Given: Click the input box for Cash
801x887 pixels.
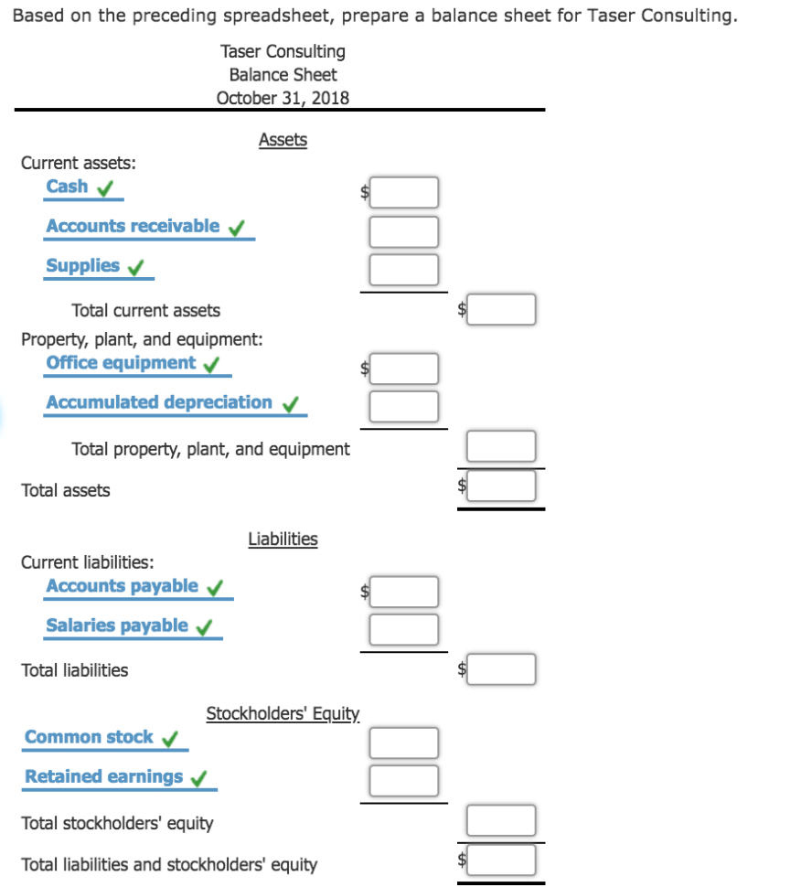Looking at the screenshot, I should [x=404, y=192].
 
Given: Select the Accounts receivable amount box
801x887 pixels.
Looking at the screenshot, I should [x=404, y=231].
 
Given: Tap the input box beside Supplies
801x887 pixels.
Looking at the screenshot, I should [x=404, y=270].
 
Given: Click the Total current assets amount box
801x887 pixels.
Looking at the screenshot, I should [x=501, y=310].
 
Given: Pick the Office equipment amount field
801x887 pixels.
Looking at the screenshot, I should [x=404, y=369].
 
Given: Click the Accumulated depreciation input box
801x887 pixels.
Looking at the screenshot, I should [x=404, y=407].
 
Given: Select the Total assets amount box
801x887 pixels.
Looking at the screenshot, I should [x=501, y=486].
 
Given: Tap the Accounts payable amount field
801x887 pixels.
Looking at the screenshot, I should [x=404, y=592].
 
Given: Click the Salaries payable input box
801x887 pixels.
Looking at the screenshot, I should [x=404, y=630].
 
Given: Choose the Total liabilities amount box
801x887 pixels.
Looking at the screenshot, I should [x=501, y=669].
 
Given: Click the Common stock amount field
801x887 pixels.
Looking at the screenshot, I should [x=404, y=742].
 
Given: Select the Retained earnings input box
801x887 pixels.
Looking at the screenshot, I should [x=404, y=780].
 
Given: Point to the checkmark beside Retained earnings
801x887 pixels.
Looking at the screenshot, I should [x=198, y=778].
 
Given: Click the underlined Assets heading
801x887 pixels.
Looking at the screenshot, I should [x=283, y=140].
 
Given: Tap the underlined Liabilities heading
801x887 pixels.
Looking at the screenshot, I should [x=283, y=539].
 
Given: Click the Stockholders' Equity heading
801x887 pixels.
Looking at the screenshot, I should [x=283, y=713].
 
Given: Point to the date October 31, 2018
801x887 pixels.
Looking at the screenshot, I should [x=283, y=98].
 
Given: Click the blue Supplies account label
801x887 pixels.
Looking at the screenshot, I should [x=83, y=265].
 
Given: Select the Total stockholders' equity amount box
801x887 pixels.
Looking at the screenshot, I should [x=501, y=821].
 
